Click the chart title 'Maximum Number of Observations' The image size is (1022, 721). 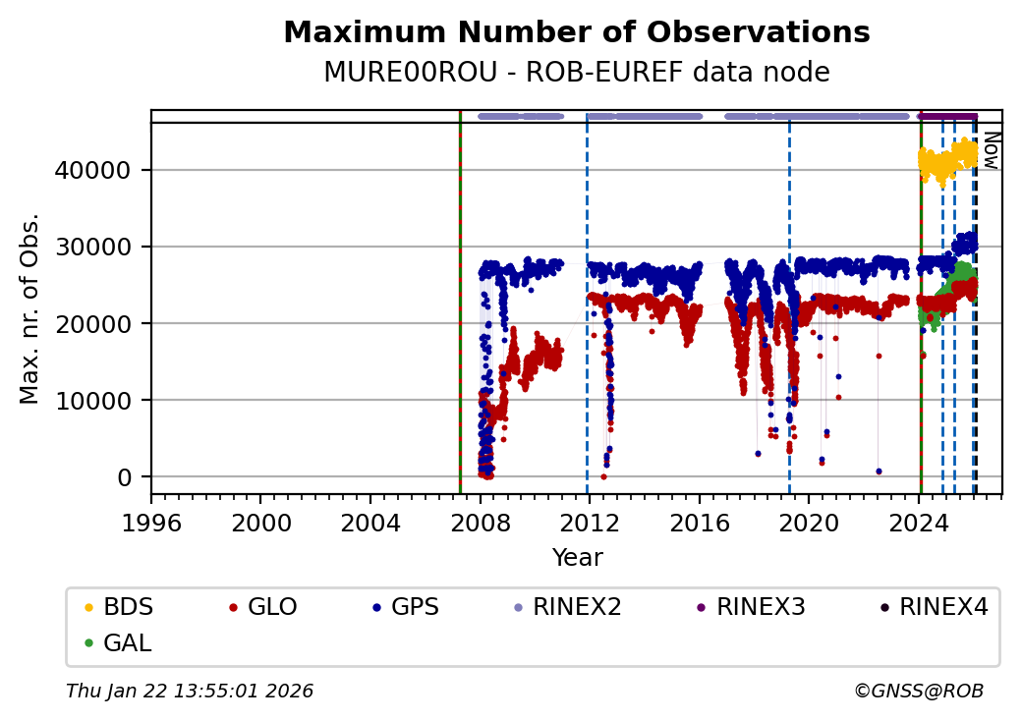[x=576, y=32]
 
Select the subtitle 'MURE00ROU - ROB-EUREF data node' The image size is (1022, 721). [x=576, y=73]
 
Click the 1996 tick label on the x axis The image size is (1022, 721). [x=151, y=522]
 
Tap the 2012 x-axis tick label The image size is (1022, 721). [x=590, y=522]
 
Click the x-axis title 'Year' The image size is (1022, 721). [x=577, y=558]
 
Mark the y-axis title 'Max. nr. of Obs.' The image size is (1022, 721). [x=29, y=308]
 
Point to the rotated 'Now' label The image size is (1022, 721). [x=992, y=150]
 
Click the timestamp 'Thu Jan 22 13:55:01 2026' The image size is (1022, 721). [x=190, y=692]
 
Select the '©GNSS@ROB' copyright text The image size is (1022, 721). [x=918, y=692]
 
